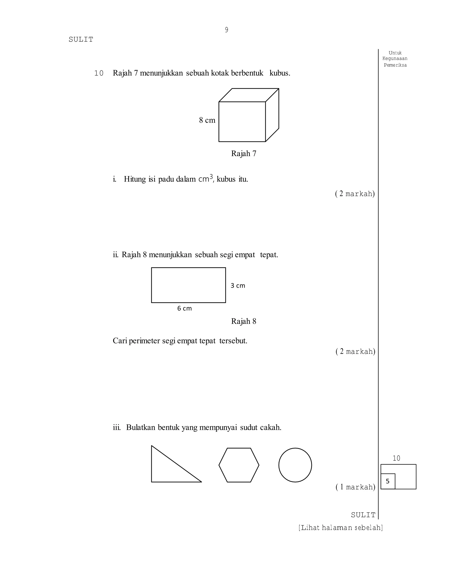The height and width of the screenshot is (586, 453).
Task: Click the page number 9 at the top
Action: [x=226, y=30]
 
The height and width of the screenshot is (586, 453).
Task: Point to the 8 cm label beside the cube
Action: [x=207, y=120]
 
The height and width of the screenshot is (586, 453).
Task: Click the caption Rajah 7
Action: [x=243, y=153]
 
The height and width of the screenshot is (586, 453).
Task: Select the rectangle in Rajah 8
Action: [x=188, y=285]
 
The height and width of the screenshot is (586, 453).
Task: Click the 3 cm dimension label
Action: [x=238, y=285]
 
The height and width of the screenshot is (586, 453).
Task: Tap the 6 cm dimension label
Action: [x=184, y=308]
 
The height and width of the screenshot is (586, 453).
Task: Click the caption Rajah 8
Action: [x=243, y=321]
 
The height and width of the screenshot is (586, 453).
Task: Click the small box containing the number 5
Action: [x=388, y=481]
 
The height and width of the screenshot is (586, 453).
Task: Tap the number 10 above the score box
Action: [x=396, y=458]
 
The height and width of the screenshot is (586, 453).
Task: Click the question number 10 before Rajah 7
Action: [x=99, y=73]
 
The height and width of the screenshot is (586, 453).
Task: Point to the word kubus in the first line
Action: [x=280, y=73]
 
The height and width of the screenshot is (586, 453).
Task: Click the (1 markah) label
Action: [x=355, y=487]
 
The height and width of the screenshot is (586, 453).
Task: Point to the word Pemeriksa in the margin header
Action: [x=395, y=65]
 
